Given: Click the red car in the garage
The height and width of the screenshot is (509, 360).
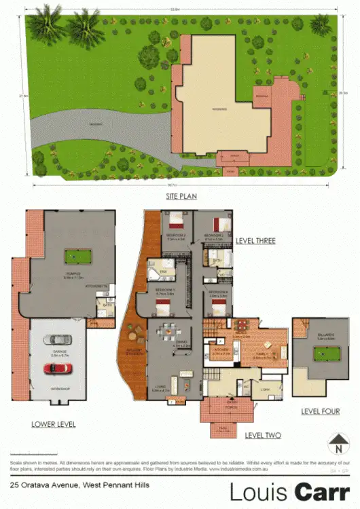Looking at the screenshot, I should click(59, 368).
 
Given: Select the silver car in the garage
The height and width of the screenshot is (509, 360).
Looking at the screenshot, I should click(59, 340).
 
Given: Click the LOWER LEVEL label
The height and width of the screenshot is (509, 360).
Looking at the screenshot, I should click(53, 424).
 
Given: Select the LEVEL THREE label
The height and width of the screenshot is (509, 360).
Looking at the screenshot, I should click(255, 241).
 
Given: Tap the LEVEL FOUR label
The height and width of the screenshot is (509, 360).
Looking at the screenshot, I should click(321, 411).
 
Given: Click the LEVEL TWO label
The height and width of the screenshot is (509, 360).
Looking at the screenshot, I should click(263, 435).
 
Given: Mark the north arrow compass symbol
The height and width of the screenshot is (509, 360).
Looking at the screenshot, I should click(337, 446).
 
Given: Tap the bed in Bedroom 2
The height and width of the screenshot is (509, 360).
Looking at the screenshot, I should click(178, 221).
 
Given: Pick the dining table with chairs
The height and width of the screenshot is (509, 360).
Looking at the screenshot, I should click(166, 333).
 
